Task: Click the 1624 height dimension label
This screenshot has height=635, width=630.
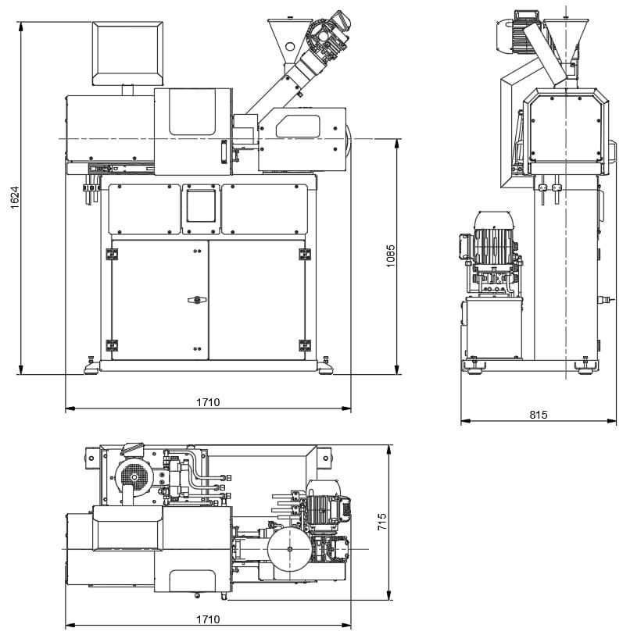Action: [x=15, y=198]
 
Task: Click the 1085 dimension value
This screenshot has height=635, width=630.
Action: [x=390, y=255]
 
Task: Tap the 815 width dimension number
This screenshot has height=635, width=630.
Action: [x=539, y=414]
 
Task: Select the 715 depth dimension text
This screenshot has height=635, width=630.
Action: [x=381, y=522]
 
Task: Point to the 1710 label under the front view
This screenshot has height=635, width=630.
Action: [x=208, y=402]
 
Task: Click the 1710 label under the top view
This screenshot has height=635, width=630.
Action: [x=208, y=619]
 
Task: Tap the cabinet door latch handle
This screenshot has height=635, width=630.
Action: [x=197, y=300]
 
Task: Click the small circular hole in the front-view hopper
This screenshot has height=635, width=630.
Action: [x=290, y=47]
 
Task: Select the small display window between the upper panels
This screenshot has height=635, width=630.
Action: [x=201, y=206]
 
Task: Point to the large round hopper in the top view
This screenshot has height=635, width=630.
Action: [x=289, y=549]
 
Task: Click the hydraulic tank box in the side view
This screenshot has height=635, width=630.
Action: [x=493, y=327]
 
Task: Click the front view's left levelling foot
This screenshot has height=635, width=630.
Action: [x=91, y=366]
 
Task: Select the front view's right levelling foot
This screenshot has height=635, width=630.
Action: [x=325, y=366]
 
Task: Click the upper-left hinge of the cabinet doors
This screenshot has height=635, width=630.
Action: [x=112, y=255]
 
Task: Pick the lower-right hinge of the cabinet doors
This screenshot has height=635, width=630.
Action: [x=305, y=345]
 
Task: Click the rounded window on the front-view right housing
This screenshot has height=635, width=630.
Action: [x=298, y=126]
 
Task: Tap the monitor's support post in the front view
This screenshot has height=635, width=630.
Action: [x=128, y=91]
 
